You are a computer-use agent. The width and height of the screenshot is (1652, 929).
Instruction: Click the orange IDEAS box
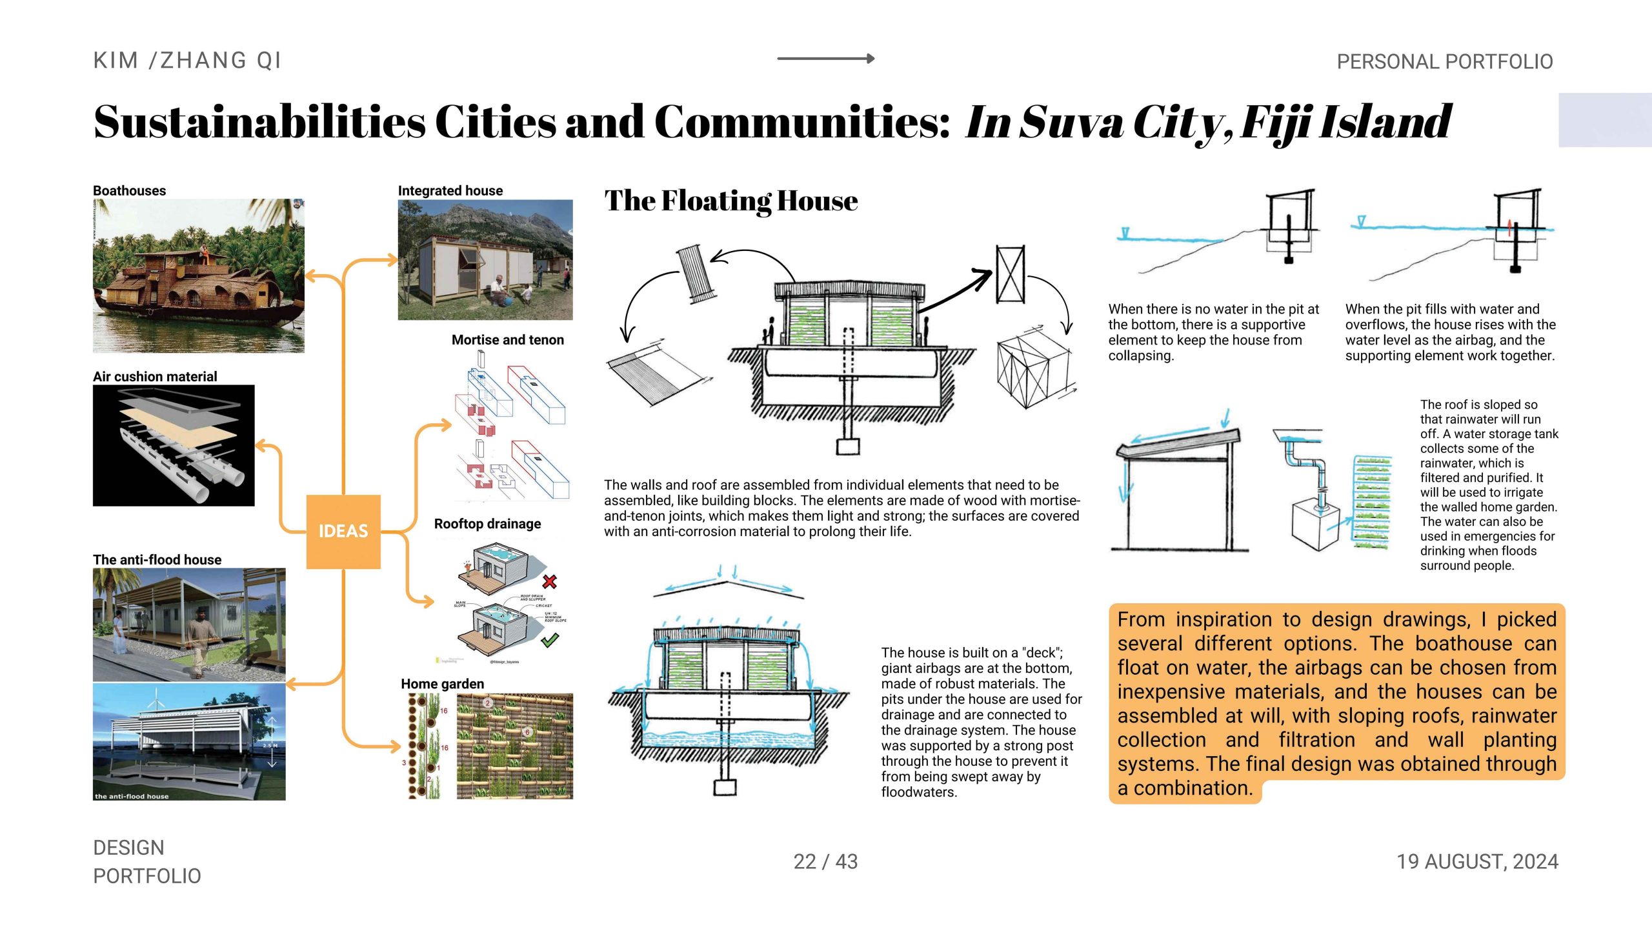pos(343,532)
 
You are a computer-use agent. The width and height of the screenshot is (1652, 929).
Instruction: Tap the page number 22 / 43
pos(825,862)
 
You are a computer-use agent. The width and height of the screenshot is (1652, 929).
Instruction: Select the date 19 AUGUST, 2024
pos(1477,862)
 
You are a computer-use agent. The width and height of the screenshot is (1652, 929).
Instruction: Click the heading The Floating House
pos(731,201)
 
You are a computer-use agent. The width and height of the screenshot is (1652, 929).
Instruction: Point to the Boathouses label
pos(129,191)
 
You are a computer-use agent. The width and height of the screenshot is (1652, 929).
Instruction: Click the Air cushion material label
pos(155,377)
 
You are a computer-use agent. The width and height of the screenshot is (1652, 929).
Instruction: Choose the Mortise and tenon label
pos(507,340)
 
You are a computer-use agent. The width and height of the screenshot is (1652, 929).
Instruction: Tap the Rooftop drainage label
pos(487,524)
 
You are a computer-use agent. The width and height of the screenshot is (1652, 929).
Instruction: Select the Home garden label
pos(442,684)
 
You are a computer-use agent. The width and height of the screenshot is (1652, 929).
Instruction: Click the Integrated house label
pos(450,191)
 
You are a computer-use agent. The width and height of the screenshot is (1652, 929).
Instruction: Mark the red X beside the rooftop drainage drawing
pos(550,581)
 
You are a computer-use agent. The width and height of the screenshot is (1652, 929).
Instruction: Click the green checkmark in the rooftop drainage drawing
pos(550,640)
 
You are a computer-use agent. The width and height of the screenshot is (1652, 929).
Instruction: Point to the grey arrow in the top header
pos(825,59)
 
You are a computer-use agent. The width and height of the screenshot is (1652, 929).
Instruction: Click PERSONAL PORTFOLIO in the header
pos(1444,62)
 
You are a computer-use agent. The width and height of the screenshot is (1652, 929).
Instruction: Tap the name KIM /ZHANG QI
pos(187,61)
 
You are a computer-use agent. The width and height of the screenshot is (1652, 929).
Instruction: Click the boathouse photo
pos(198,275)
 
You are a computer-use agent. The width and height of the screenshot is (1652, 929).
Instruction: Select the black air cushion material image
pos(174,445)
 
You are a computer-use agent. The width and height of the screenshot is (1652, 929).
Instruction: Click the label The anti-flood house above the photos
pos(157,560)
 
